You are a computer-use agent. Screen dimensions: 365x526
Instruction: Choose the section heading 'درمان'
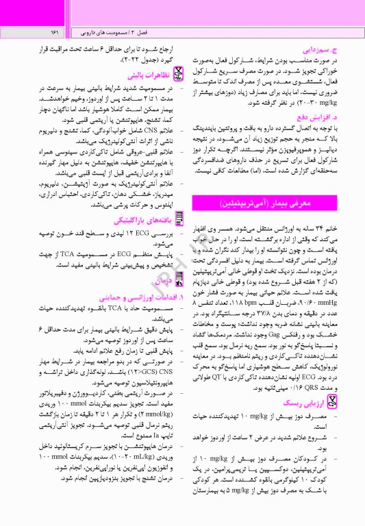click(158, 280)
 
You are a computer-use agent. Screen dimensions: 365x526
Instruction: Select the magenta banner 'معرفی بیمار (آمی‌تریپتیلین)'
click(264, 205)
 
